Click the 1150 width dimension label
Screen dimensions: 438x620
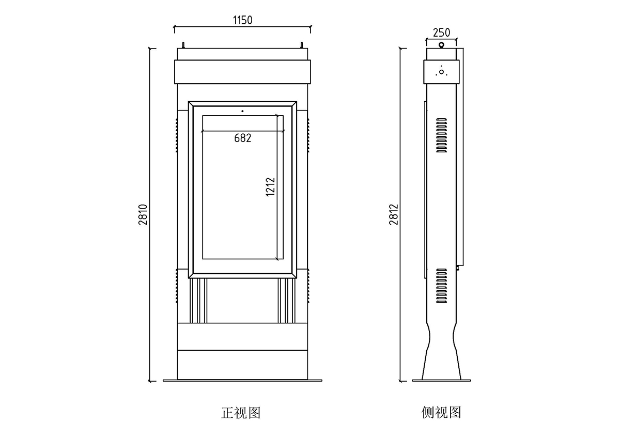242,20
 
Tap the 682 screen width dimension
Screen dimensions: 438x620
242,138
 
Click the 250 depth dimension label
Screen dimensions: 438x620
441,33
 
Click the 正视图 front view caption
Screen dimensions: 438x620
241,413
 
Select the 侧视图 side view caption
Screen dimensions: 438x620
441,413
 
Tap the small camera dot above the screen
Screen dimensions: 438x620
242,111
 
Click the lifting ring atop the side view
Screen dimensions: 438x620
441,45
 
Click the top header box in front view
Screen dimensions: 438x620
243,72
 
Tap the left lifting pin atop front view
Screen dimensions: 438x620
182,45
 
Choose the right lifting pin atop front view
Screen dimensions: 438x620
302,45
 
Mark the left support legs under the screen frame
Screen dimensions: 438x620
199,301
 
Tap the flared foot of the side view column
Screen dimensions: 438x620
441,356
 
